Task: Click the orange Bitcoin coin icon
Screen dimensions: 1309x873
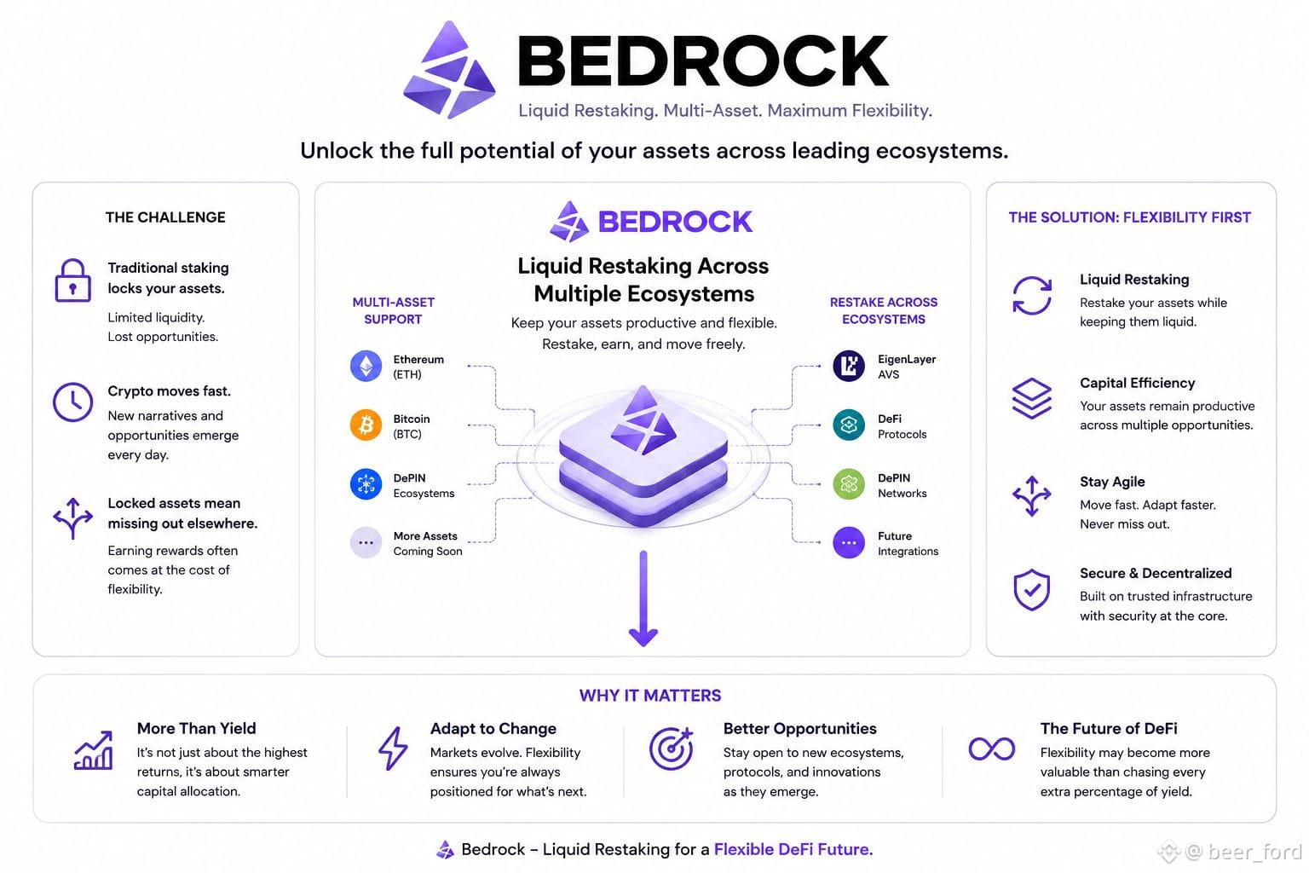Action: click(x=366, y=425)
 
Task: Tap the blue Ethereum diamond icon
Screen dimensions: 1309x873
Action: click(x=366, y=366)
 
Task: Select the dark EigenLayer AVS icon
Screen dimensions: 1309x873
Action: click(x=849, y=366)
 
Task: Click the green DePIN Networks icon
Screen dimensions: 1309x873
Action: click(x=849, y=484)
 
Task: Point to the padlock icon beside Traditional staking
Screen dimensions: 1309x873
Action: click(x=72, y=280)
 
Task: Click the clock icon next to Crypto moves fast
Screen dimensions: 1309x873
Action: click(x=72, y=402)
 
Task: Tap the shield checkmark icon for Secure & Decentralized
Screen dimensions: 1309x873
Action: click(x=1031, y=589)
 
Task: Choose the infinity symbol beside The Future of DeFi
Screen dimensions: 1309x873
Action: click(x=992, y=749)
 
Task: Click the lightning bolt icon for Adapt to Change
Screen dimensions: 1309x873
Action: click(x=393, y=748)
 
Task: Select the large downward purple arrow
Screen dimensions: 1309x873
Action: click(x=643, y=598)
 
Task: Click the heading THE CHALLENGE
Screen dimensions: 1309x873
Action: click(x=165, y=217)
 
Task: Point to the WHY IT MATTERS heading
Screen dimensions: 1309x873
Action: click(x=650, y=695)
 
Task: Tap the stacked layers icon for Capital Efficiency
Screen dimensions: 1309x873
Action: click(x=1031, y=398)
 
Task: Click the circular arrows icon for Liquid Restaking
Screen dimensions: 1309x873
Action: click(x=1031, y=295)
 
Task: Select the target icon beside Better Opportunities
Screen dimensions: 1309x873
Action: click(x=671, y=749)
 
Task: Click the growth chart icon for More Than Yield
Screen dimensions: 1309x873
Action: click(x=93, y=750)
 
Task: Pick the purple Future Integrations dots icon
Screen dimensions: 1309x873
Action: click(x=849, y=542)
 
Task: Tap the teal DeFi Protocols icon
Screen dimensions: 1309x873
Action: click(x=849, y=425)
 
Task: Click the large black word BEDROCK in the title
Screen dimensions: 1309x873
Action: click(x=703, y=61)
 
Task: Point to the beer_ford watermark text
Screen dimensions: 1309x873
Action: click(x=1254, y=852)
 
